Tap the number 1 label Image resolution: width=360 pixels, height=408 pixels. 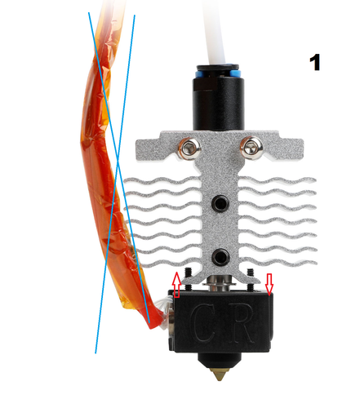(315, 62)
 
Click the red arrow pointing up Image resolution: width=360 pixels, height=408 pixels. (176, 285)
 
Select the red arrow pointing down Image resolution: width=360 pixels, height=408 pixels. (269, 285)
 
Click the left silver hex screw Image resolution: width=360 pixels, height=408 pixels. (189, 149)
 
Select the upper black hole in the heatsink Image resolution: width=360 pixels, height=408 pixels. (220, 202)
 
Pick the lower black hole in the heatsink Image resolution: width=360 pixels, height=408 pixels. (220, 256)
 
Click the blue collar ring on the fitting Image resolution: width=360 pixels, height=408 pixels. (219, 73)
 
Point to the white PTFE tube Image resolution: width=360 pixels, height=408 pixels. (215, 31)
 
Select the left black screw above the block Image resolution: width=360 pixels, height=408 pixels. (188, 279)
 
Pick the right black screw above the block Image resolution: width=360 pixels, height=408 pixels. (250, 279)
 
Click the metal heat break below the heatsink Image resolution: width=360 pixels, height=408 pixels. (220, 283)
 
